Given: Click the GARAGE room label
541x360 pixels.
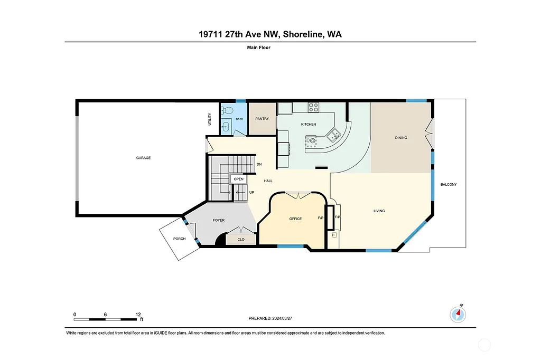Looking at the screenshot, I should [143, 158].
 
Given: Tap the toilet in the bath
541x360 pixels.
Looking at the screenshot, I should [227, 111].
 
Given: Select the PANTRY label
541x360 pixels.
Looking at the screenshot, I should [262, 119].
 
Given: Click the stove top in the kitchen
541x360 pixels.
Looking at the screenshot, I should [313, 107].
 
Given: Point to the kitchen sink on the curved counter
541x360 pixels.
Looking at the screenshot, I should [333, 136].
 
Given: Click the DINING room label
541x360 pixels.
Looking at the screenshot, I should [401, 138].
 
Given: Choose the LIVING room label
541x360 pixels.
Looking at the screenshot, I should [379, 211].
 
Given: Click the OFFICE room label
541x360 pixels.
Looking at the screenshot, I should [295, 219].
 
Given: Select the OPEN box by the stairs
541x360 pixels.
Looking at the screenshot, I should [239, 179].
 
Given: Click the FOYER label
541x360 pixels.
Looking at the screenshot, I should [219, 220].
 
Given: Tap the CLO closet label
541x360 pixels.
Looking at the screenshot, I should [241, 239].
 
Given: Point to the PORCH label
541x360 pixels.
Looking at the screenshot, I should [179, 239].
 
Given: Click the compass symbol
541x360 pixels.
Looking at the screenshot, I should [458, 315].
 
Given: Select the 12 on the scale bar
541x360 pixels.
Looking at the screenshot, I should [137, 314].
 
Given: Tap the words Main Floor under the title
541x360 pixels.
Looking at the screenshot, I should [259, 48].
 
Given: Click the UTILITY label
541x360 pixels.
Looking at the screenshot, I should [210, 119].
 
